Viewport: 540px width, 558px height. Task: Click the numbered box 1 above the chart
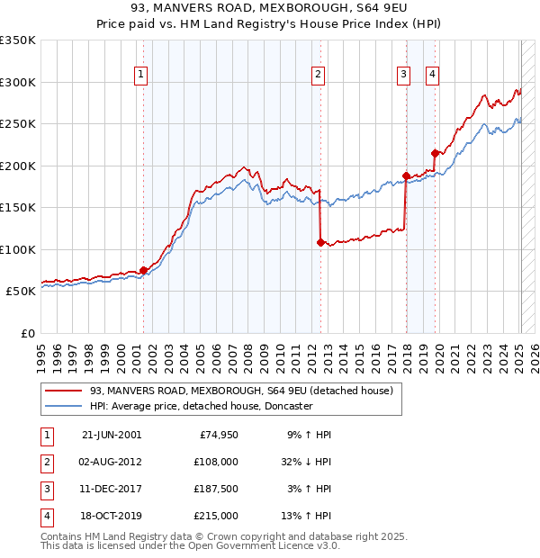(x=142, y=75)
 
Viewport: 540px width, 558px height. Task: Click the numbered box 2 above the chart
(x=319, y=75)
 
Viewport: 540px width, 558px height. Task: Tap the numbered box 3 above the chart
(x=404, y=75)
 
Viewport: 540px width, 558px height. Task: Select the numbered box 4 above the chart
(x=433, y=75)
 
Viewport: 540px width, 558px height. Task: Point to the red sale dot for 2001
(x=143, y=270)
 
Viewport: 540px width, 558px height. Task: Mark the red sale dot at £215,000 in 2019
(x=436, y=153)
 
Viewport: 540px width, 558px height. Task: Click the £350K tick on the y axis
(x=18, y=40)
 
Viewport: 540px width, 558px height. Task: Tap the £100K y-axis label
(x=18, y=249)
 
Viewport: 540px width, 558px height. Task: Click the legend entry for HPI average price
(x=201, y=406)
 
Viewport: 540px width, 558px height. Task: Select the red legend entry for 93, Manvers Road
(x=241, y=391)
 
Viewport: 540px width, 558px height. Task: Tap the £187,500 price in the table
(x=217, y=489)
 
